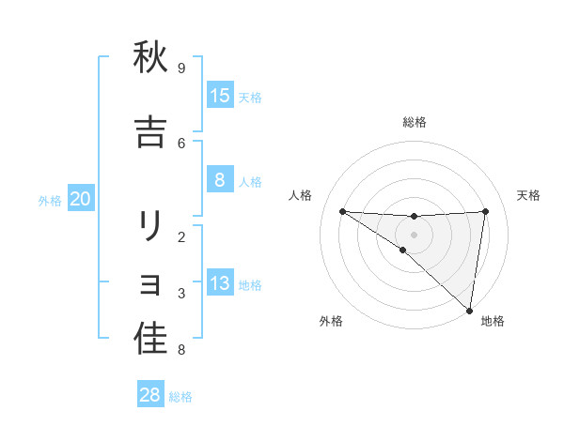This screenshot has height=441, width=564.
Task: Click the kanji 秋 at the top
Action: coord(150,58)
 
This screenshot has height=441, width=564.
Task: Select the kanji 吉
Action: coord(150,133)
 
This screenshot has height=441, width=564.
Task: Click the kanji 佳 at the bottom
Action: coord(150,340)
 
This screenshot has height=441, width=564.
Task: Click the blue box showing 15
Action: coord(220,96)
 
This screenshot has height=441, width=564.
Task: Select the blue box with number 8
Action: coord(220,180)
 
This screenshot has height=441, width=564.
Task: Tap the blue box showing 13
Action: coord(220,283)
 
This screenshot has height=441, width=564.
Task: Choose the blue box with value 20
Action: coord(81,199)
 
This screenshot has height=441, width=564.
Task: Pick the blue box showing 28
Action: coord(150,395)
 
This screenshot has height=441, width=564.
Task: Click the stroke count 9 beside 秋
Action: coord(181,68)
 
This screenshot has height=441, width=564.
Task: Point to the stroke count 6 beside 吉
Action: coord(181,143)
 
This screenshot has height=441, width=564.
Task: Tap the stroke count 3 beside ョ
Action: coord(181,294)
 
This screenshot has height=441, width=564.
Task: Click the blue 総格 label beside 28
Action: coord(181,397)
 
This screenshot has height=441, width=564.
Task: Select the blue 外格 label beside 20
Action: coord(50,201)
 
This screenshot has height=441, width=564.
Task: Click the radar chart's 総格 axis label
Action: coord(415,122)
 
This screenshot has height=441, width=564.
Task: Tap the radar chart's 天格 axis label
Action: coord(529,195)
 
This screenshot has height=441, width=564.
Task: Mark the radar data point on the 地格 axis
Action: coord(469,310)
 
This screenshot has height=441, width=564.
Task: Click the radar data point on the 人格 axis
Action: coord(342,211)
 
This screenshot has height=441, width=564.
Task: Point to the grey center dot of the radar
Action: coord(415,234)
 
